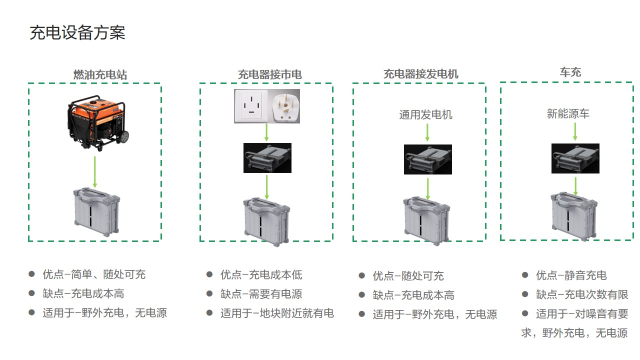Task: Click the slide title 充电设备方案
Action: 77,33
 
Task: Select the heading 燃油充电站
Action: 100,75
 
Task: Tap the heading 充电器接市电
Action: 269,75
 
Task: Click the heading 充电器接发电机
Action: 420,74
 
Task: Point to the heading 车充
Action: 570,72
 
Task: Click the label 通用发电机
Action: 425,114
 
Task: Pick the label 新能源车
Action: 568,114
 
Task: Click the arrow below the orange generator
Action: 95,171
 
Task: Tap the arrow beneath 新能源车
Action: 575,131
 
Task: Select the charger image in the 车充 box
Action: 575,158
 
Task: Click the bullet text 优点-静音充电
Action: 571,275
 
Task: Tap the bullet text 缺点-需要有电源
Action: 261,294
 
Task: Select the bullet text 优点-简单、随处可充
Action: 94,274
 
